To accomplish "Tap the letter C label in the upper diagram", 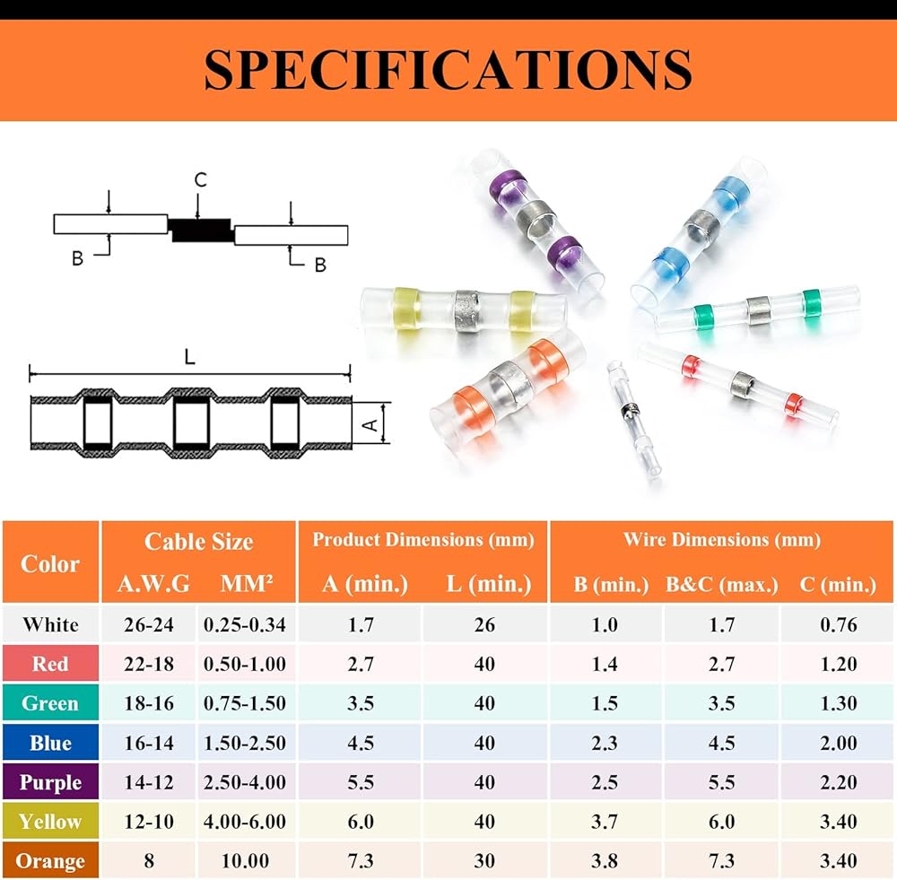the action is coord(200,179).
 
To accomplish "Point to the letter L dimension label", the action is coord(189,356).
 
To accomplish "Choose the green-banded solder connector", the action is coord(759,310).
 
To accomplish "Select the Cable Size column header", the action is coord(198,542).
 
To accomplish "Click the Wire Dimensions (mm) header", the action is coord(722,539).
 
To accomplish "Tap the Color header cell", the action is coord(50,564).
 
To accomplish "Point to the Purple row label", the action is coord(50,782).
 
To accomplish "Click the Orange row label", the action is coord(50,861).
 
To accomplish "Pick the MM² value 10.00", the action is coord(245,861).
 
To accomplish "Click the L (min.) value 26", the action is coord(484,624).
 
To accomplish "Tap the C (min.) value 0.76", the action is coord(838,624).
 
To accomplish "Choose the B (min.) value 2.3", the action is coord(605,743).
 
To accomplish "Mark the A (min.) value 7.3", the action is coord(360,861).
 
